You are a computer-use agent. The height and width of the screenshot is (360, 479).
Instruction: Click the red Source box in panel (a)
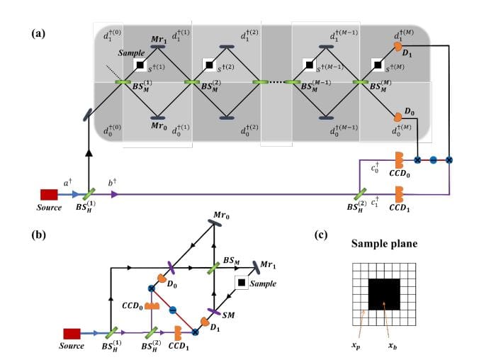[x=49, y=193]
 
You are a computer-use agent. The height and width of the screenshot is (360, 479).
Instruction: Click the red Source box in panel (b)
[x=72, y=333]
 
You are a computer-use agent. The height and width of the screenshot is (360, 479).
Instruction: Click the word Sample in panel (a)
[x=131, y=53]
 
